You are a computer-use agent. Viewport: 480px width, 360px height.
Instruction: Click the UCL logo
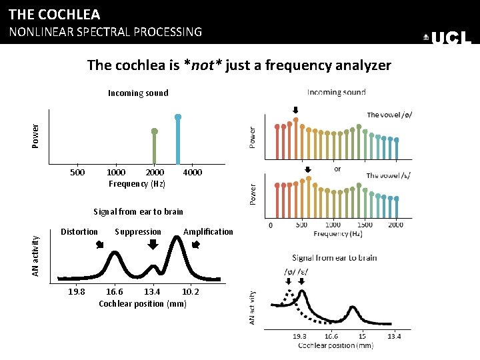tap(448, 38)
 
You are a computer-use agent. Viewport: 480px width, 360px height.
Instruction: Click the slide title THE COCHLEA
tap(54, 14)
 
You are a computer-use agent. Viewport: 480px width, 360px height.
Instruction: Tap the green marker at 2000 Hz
tap(154, 131)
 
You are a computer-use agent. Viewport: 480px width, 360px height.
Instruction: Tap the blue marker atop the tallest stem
tap(178, 117)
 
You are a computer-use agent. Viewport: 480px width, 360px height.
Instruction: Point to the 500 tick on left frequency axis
tap(78, 173)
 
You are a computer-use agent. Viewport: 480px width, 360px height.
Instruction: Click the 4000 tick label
tap(192, 173)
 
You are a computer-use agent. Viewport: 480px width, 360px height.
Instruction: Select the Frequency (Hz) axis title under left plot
tap(137, 184)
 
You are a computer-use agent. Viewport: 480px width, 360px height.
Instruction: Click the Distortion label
tap(79, 232)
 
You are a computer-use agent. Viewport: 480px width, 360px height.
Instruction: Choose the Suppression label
tap(138, 232)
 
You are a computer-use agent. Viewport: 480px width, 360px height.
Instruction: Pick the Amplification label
tap(208, 232)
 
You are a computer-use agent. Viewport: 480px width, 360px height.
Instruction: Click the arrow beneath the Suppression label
tap(153, 245)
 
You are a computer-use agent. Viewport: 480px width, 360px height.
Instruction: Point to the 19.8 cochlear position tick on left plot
tap(77, 292)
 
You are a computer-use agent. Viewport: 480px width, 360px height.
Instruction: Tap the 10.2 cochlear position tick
tap(191, 292)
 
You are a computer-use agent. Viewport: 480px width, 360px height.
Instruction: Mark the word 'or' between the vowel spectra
tap(337, 169)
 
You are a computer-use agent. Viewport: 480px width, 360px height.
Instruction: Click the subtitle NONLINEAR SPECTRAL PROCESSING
tap(105, 31)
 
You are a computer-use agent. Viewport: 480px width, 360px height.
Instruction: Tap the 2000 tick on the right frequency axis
tap(395, 225)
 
